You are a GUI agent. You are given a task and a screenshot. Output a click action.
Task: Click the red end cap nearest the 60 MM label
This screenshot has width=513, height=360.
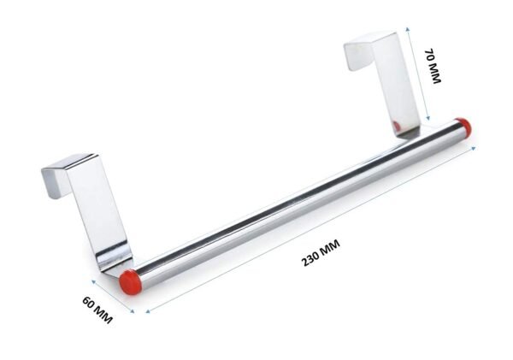coord(129,280)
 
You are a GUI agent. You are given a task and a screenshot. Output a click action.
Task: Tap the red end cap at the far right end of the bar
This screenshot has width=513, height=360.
coord(463,127)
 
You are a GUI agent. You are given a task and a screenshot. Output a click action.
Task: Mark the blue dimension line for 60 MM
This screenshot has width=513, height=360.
coord(111,295)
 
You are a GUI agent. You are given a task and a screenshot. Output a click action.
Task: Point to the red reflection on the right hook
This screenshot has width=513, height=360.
coord(395,127)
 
